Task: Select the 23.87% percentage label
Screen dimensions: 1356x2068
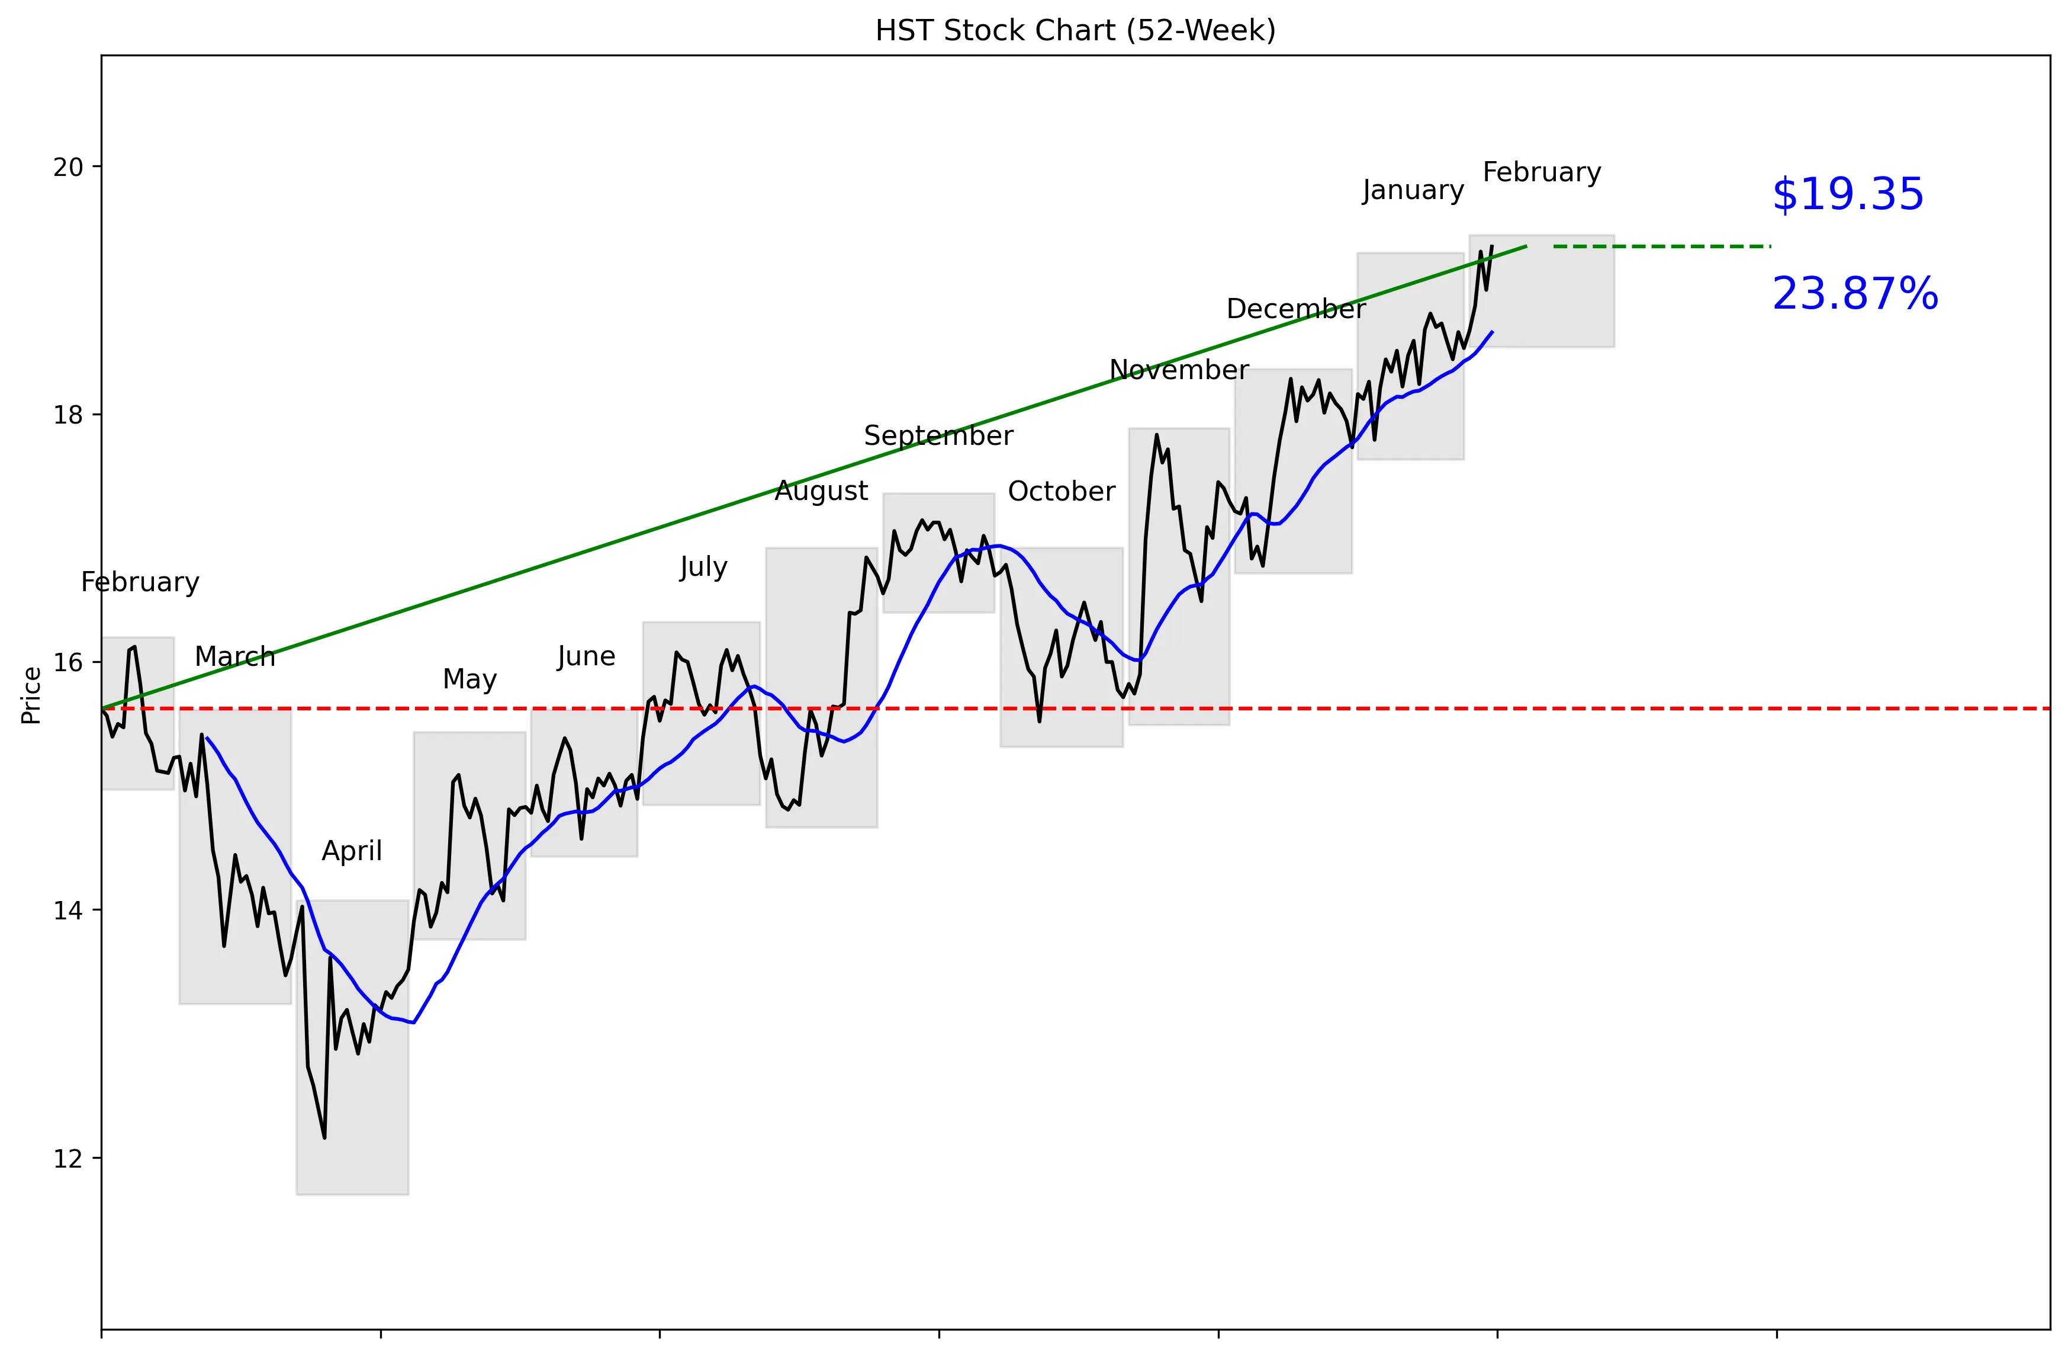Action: (x=1854, y=294)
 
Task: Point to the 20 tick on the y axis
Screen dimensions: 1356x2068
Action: (x=67, y=167)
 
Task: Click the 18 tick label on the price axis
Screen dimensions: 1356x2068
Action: (x=67, y=415)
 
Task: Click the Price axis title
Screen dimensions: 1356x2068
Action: (x=31, y=694)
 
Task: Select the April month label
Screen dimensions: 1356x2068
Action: (x=352, y=851)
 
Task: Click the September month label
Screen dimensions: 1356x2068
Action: (x=938, y=435)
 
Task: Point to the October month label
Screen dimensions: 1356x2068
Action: (x=1061, y=492)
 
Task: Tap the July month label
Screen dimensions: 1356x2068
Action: (x=703, y=568)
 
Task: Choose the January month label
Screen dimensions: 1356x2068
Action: (x=1413, y=190)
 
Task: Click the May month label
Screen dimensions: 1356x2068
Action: (x=469, y=679)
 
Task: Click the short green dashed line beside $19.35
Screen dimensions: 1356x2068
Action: (x=1661, y=247)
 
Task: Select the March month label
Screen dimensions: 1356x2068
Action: (x=234, y=657)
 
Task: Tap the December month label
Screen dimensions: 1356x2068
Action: (x=1295, y=309)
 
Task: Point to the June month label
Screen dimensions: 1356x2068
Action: (x=587, y=656)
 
